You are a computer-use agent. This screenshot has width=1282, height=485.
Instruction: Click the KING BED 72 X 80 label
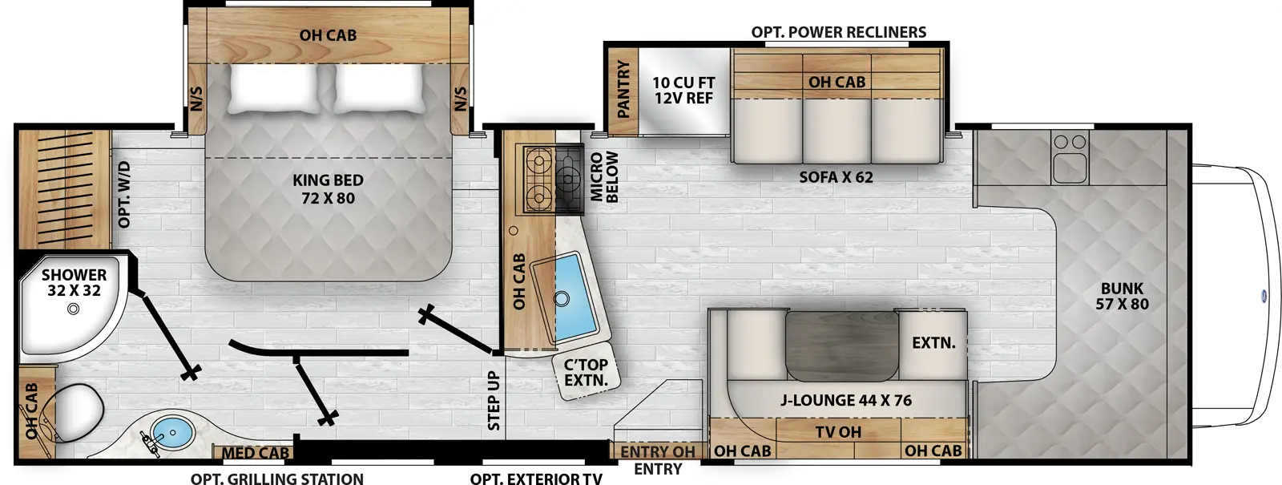tap(328, 189)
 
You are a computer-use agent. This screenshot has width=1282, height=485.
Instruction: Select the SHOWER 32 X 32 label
tap(74, 282)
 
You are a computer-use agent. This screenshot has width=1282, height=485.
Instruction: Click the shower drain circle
tap(74, 309)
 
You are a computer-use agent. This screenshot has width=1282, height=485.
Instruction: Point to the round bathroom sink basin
tap(173, 433)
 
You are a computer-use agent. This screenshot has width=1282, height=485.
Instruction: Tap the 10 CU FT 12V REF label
tap(683, 90)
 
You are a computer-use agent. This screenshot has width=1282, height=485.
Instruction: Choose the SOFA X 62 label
tap(836, 176)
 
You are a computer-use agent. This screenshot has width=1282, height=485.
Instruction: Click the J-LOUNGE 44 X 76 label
tap(846, 400)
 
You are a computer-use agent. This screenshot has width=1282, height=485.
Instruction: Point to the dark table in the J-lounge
tap(841, 345)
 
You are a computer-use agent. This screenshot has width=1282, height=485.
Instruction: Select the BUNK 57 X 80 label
tap(1122, 296)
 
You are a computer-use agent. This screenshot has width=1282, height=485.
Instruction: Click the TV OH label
tap(838, 432)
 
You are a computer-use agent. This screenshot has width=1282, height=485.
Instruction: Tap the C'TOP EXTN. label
tap(586, 373)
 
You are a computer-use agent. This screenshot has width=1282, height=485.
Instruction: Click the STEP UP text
tap(494, 400)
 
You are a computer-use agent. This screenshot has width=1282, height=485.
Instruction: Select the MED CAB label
tap(255, 453)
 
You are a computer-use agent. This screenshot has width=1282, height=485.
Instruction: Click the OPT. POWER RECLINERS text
tap(838, 32)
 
